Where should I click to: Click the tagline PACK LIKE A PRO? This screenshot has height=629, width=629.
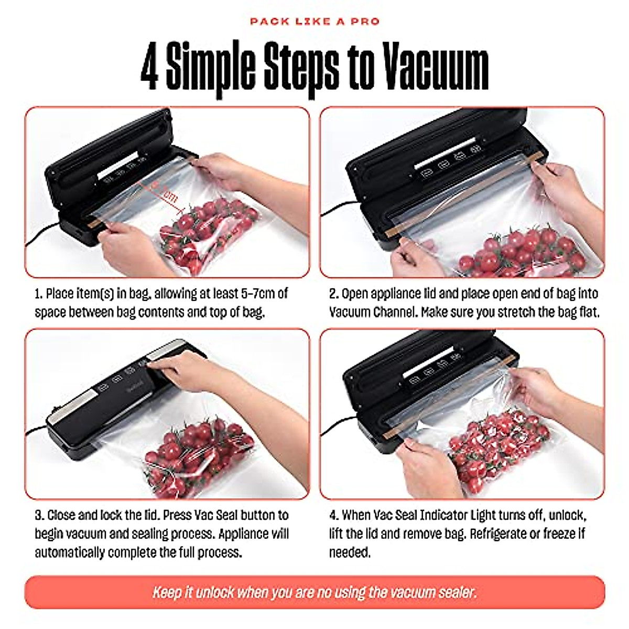[x=314, y=21]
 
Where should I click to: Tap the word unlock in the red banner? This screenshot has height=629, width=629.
[x=214, y=593]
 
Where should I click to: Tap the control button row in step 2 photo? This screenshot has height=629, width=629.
[x=453, y=157]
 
